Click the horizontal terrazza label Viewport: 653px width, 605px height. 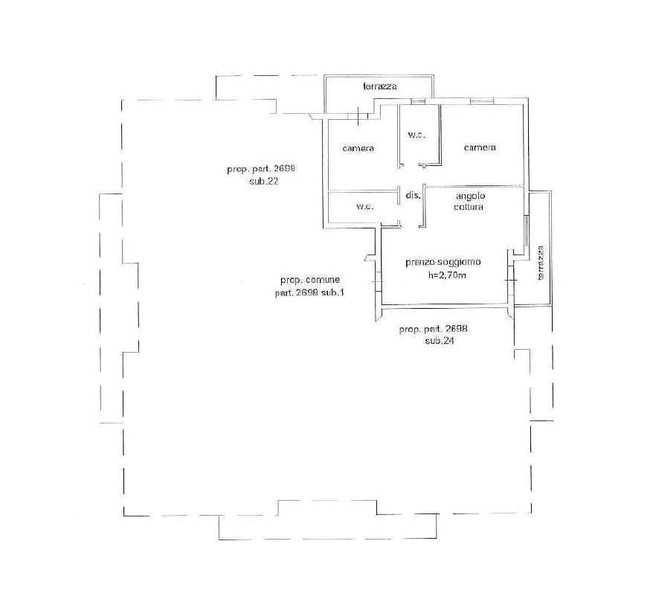[380, 86]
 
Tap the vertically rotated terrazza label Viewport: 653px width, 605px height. [541, 263]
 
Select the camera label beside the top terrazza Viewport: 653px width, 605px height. [358, 148]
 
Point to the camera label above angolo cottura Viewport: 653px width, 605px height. [480, 147]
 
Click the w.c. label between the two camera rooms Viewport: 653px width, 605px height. [416, 135]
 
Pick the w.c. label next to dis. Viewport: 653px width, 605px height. [365, 206]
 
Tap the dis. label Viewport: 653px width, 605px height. [413, 194]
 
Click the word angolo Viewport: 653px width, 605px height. [470, 196]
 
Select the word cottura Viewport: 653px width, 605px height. [469, 207]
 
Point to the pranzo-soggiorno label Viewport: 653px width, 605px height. [443, 262]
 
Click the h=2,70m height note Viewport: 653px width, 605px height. [447, 275]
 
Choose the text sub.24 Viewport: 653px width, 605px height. [440, 341]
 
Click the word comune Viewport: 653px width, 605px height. [324, 280]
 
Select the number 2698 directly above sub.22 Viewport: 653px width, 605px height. [284, 169]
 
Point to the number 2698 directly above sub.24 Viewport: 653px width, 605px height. [457, 329]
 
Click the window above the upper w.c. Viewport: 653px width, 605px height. [418, 101]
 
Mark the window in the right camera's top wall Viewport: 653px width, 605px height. [482, 100]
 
